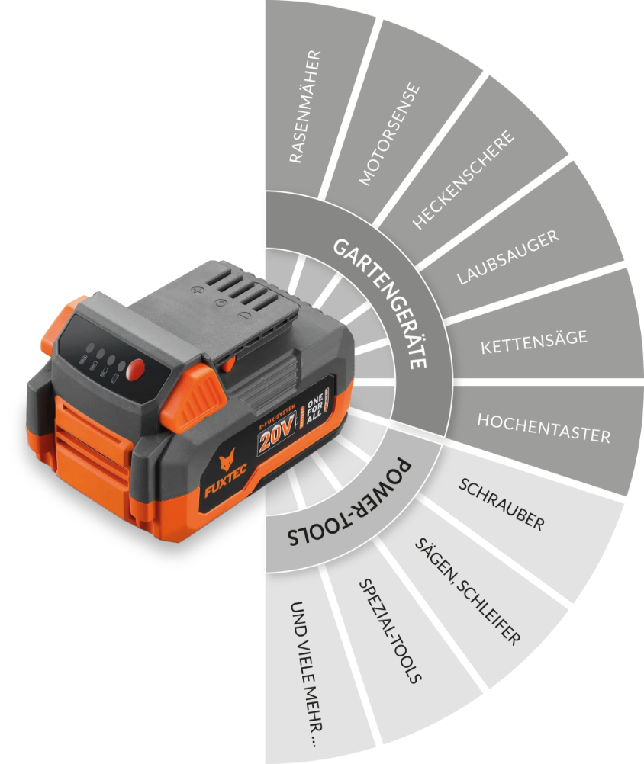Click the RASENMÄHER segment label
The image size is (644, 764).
305,106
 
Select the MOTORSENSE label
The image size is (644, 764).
389,134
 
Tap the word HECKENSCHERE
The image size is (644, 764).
463,179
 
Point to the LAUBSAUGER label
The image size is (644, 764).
508,257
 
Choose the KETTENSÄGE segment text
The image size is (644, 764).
534,342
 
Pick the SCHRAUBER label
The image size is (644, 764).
501,504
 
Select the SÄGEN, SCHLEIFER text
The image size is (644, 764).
468,592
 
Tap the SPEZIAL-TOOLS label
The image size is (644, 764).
390,631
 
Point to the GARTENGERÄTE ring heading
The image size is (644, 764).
380,303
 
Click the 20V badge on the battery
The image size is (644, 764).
276,432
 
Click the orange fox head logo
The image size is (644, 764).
227,459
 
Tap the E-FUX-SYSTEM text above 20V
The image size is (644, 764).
277,416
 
